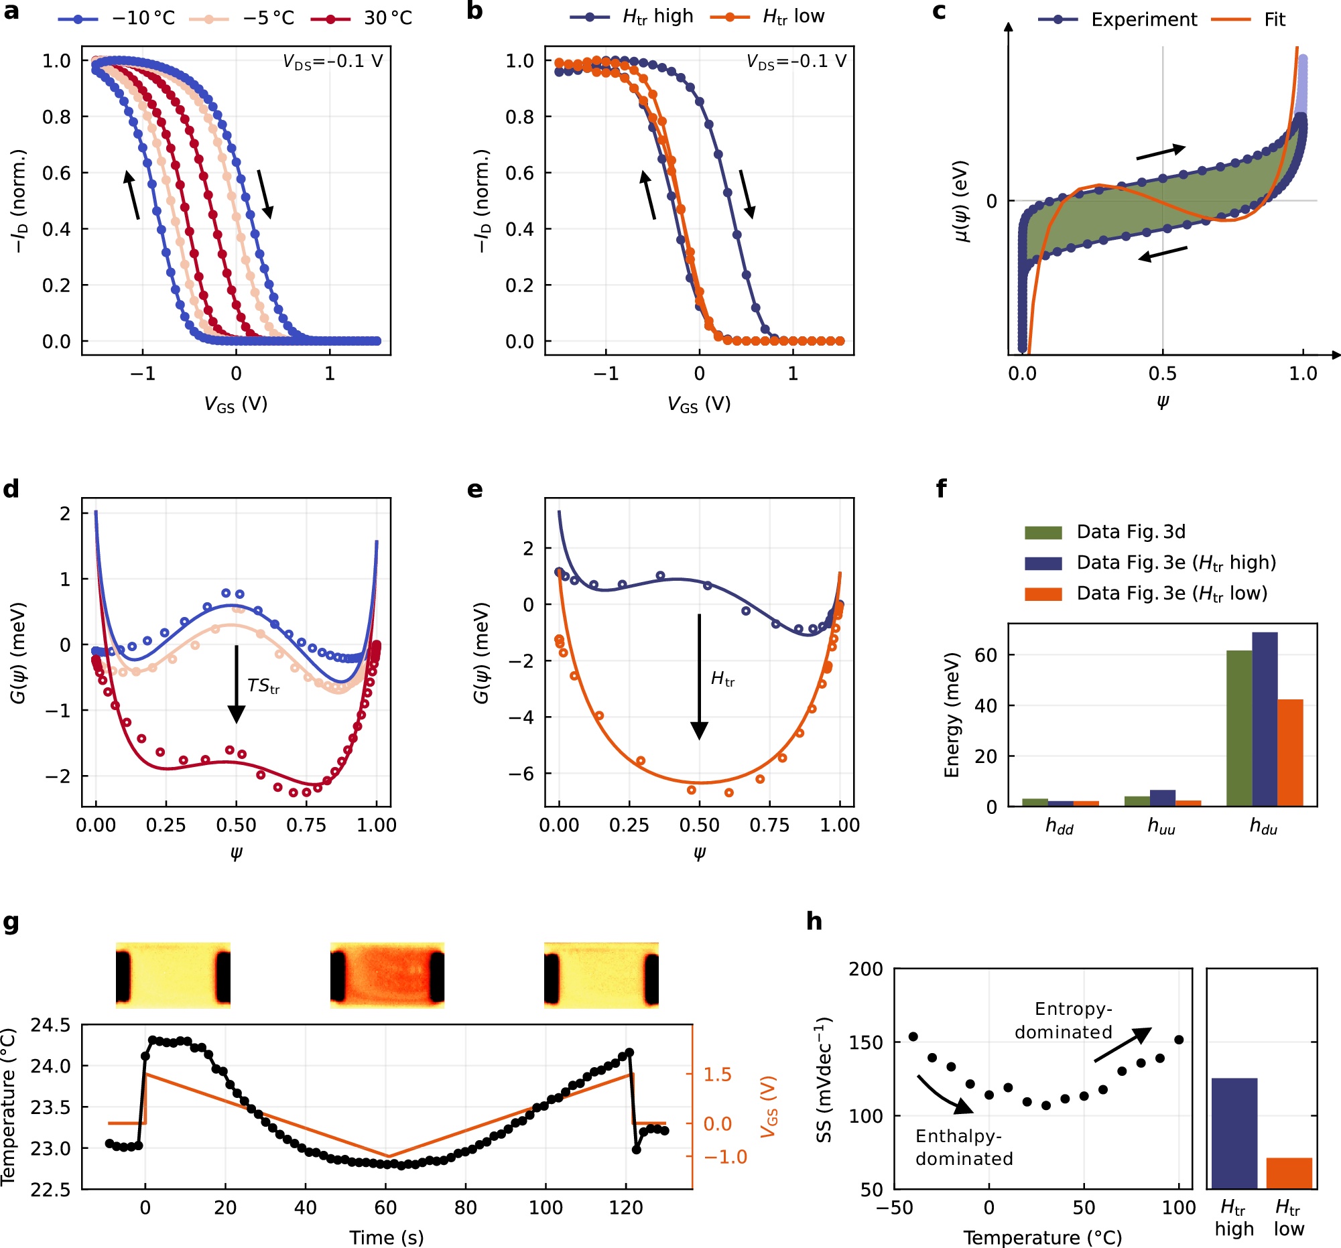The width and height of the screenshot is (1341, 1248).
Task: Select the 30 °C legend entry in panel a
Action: coord(363,18)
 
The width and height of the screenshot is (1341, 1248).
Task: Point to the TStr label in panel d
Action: coord(263,687)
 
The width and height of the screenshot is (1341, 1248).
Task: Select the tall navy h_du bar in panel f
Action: coord(1265,719)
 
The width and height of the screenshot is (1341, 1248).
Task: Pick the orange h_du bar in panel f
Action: coord(1291,752)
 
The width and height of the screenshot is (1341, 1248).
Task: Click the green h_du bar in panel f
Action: coord(1239,728)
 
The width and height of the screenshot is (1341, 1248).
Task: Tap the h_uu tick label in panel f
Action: coord(1161,826)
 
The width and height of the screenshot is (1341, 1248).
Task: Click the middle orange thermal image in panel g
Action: coord(387,975)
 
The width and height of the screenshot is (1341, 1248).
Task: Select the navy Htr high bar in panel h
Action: coord(1234,1133)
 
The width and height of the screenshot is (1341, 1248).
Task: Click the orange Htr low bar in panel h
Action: coord(1289,1173)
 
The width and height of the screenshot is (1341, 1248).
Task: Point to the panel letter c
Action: coord(939,11)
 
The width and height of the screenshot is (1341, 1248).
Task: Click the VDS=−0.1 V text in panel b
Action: coord(796,62)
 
